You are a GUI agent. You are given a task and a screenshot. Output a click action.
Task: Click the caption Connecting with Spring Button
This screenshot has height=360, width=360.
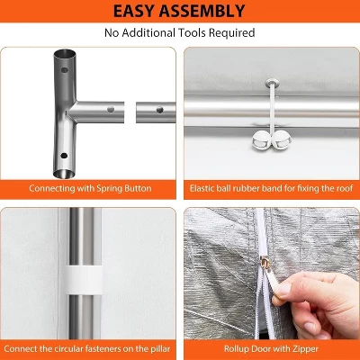(90, 189)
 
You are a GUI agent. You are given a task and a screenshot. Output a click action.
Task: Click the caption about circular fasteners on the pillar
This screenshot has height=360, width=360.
(90, 347)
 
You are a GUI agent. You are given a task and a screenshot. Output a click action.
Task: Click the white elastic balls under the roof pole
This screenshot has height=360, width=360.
(269, 139)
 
